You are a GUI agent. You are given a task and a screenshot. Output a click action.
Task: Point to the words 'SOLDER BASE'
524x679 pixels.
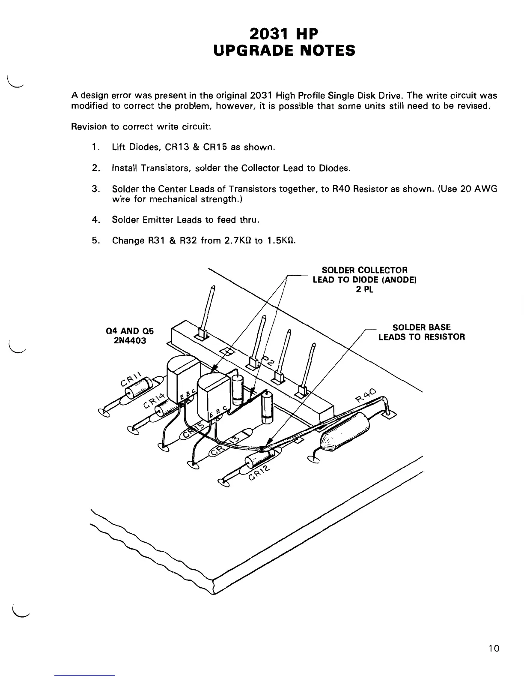pyautogui.click(x=421, y=327)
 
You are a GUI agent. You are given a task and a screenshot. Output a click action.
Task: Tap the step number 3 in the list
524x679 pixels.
pyautogui.click(x=95, y=189)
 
